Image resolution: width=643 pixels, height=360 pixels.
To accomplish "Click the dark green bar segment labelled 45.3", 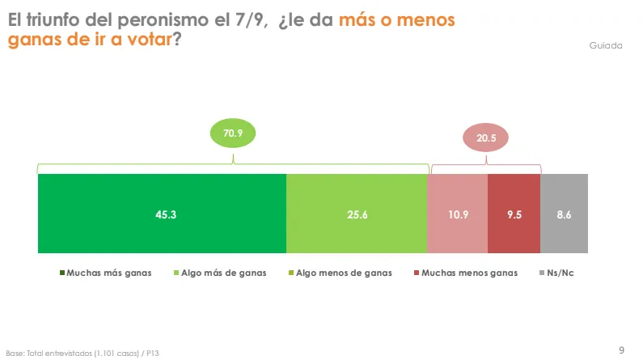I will tap(162, 214).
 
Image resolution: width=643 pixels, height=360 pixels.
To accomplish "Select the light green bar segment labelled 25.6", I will tap(357, 214).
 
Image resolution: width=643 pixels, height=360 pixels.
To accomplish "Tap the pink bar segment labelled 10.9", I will tap(457, 214).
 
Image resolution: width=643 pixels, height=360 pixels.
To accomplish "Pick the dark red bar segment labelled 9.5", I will tap(514, 214).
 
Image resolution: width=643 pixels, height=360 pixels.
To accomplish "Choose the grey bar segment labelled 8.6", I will tap(564, 214).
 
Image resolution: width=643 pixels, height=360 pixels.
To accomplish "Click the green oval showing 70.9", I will tap(233, 133).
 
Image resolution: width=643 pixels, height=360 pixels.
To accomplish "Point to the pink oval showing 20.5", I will tap(485, 138).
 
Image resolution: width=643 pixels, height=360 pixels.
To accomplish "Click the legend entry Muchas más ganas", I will tap(105, 273).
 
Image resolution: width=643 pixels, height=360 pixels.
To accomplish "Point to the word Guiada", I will tap(606, 45).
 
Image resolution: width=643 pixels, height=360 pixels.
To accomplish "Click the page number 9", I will tap(621, 349).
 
